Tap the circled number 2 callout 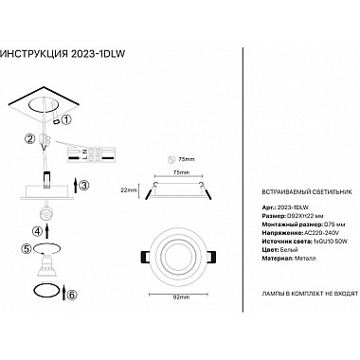(x=30, y=140)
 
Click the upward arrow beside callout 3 (x=69, y=185)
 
